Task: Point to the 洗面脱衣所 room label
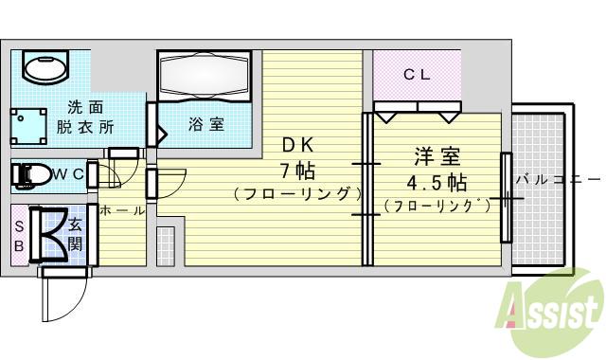pyautogui.click(x=86, y=117)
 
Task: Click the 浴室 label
pyautogui.click(x=205, y=124)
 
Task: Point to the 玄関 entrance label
pyautogui.click(x=76, y=234)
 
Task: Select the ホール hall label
pyautogui.click(x=122, y=209)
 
